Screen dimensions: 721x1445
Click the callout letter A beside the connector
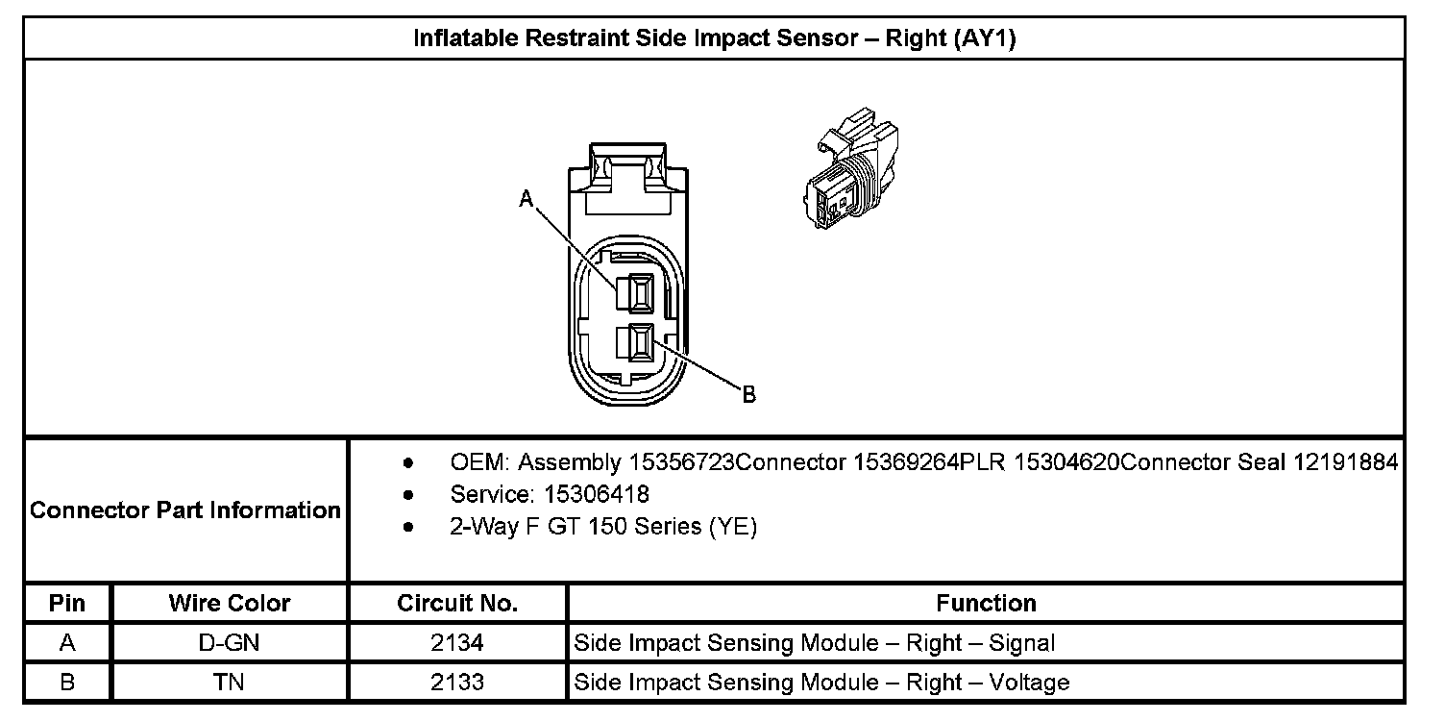tap(526, 199)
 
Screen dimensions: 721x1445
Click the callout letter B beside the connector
tap(749, 394)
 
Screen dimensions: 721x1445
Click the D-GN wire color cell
tap(229, 643)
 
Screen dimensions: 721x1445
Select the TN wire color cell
tap(229, 683)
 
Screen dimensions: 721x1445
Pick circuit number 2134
tap(457, 643)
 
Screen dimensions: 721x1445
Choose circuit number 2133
tap(457, 683)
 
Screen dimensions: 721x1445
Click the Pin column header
tap(67, 604)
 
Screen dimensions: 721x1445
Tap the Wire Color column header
tap(229, 604)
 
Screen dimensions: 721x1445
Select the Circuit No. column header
tap(457, 604)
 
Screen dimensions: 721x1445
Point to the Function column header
tap(986, 604)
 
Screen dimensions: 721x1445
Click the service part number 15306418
tap(597, 495)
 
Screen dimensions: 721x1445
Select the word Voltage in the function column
tap(1028, 683)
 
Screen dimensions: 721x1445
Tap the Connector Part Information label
tap(185, 510)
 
